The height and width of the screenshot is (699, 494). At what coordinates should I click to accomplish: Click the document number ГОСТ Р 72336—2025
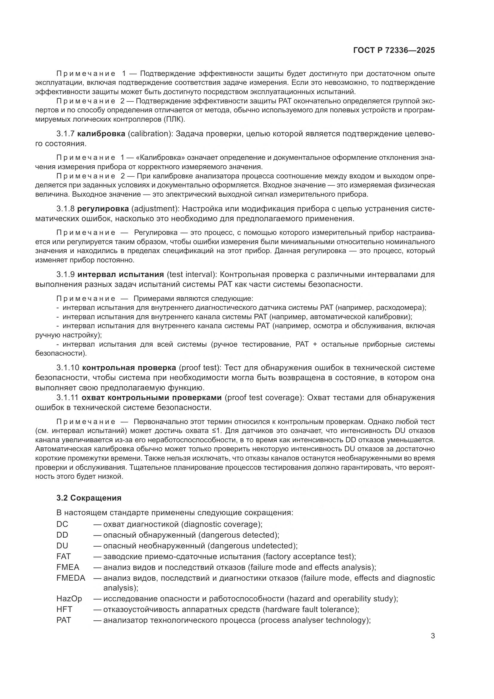394,51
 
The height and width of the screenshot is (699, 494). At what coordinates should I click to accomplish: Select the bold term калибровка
101,134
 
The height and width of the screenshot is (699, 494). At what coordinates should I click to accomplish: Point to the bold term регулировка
103,209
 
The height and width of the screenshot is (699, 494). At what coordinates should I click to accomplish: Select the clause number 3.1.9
65,274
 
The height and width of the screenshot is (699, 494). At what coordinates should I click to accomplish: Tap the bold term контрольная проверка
129,368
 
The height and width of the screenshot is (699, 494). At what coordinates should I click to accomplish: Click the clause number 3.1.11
67,397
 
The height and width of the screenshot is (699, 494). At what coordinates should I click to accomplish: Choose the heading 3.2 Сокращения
89,498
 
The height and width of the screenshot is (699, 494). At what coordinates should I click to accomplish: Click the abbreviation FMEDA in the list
70,578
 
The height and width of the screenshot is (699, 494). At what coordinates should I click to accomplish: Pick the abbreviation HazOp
69,599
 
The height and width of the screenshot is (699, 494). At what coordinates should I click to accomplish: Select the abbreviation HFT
64,609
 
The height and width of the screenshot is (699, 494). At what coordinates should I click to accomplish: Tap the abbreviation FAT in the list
63,556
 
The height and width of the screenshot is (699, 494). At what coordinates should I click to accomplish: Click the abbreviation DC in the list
62,524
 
